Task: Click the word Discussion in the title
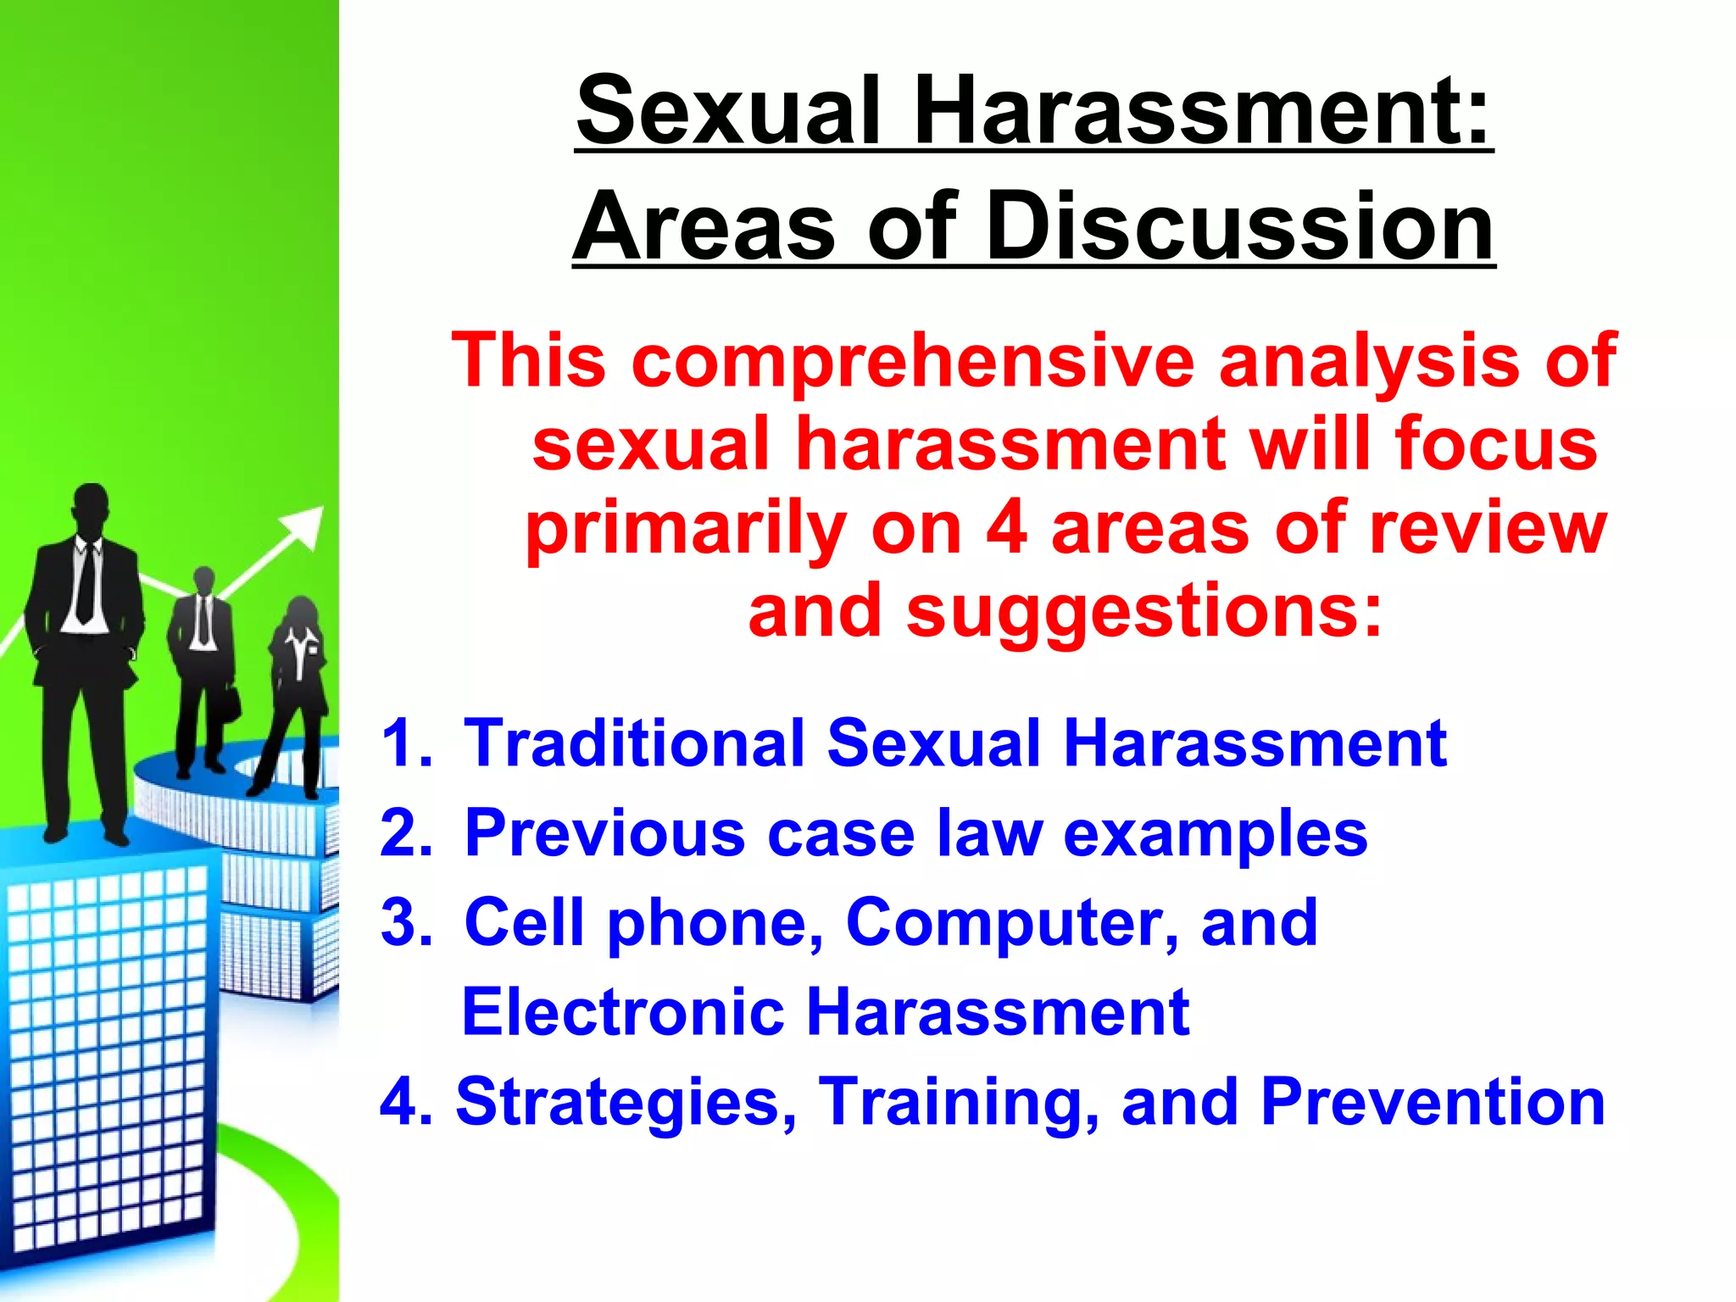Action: pos(1240,227)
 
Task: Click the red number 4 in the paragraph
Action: pos(1007,529)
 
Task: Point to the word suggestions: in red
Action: pos(1144,612)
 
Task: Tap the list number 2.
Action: pos(405,832)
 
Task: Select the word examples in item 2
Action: pos(1215,834)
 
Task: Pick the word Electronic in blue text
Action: pos(623,1012)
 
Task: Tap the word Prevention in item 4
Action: pos(1433,1102)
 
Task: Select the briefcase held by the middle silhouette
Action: pos(230,704)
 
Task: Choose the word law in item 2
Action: pos(989,832)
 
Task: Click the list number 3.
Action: pos(405,923)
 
